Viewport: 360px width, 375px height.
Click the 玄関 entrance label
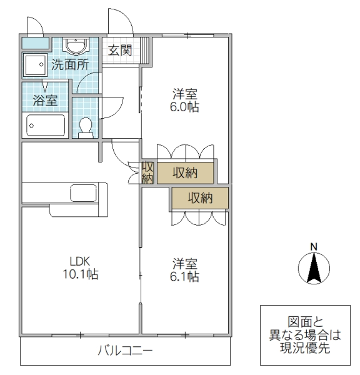click(120, 50)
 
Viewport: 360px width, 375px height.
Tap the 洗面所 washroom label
click(69, 64)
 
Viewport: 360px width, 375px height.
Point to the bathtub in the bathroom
click(46, 125)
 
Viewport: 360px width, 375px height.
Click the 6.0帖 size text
click(186, 107)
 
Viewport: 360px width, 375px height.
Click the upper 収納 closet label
click(186, 173)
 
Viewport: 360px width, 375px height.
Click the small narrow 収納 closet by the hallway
click(147, 172)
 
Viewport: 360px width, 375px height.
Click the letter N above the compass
click(315, 246)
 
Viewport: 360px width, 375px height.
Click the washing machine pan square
click(34, 65)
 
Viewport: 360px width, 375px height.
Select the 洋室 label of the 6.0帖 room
click(186, 94)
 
